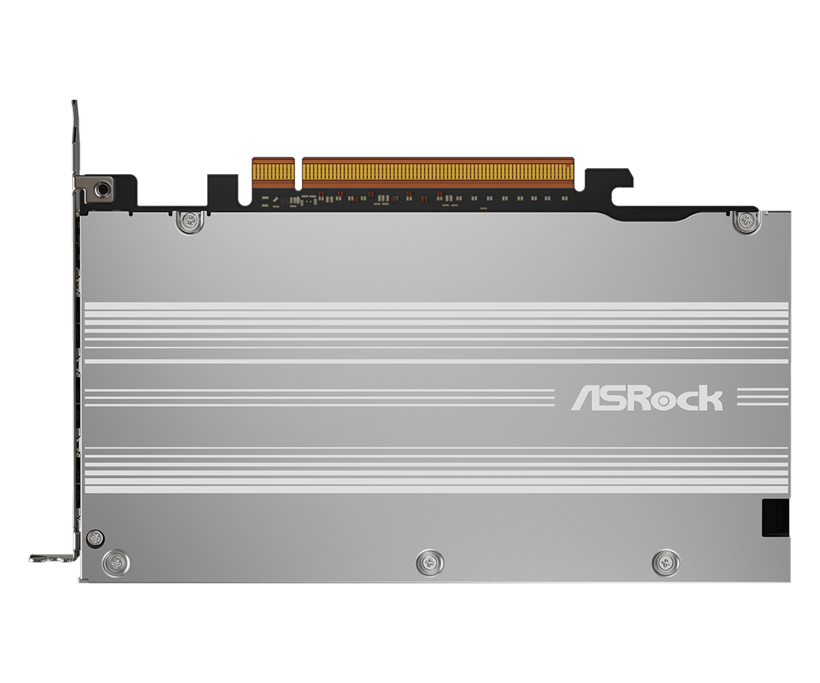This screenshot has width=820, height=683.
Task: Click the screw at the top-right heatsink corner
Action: click(x=746, y=221)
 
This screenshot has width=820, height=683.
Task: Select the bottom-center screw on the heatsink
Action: click(x=430, y=563)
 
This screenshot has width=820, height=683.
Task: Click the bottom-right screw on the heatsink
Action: click(x=666, y=563)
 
